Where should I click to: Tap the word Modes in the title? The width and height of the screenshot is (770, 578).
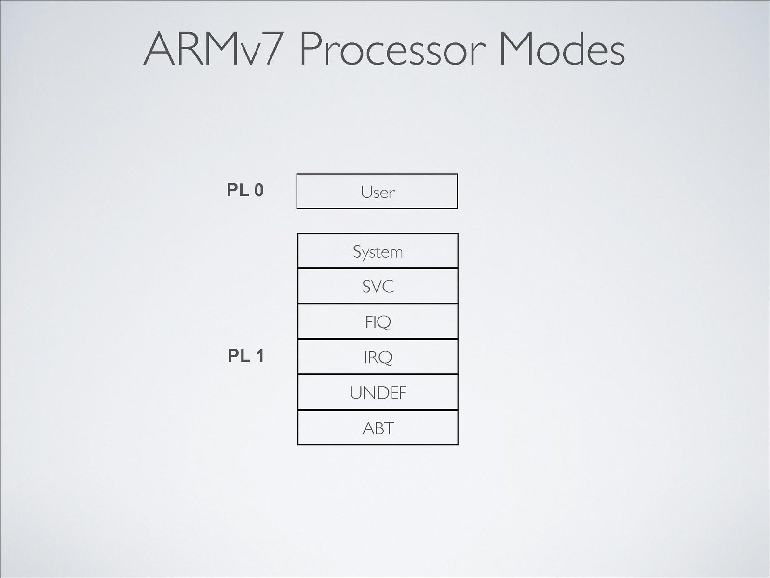pos(561,49)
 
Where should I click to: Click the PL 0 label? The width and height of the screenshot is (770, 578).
pos(245,191)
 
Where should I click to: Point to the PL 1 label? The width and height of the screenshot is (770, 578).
pos(246,356)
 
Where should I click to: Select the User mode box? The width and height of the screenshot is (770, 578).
pos(377,192)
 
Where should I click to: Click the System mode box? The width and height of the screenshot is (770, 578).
pos(378,251)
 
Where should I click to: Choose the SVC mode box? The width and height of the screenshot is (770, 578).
pos(378,286)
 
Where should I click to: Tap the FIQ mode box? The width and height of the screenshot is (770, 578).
pos(378,321)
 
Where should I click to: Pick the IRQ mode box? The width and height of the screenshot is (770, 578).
pos(378,357)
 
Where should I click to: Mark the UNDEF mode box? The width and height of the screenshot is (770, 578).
pos(378,392)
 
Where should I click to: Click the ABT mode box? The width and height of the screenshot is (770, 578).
pos(378,427)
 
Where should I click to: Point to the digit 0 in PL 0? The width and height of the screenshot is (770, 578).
pos(259,191)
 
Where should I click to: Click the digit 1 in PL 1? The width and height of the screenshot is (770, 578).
pos(259,356)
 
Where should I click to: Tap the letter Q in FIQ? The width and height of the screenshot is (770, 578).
pos(384,322)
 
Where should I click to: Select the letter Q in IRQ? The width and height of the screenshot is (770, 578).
pos(385,358)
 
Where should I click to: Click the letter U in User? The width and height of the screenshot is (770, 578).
pos(366,192)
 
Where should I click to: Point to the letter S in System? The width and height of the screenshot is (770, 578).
pos(357,251)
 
